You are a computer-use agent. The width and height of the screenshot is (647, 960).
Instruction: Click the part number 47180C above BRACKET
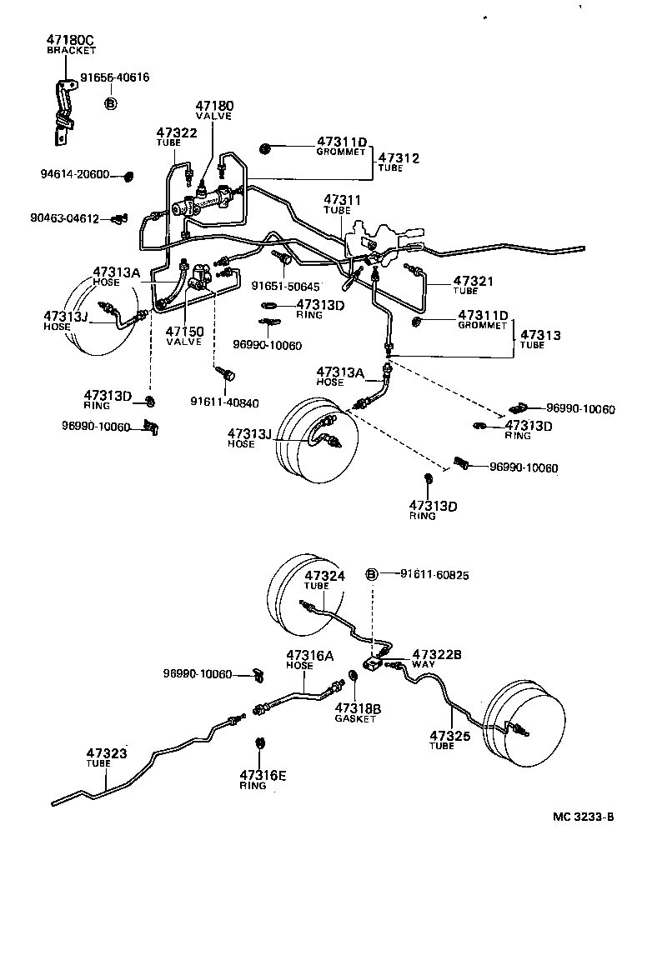pos(71,39)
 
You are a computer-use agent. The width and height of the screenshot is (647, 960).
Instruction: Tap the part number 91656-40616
pos(115,77)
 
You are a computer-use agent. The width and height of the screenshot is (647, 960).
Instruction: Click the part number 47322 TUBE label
pos(177,137)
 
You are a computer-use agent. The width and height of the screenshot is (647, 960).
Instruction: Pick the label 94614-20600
pos(74,174)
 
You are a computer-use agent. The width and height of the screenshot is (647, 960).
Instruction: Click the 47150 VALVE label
pos(183,336)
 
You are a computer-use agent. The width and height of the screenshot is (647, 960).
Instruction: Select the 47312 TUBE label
pos(399,162)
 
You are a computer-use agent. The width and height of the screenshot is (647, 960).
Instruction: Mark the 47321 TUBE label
pos(477,286)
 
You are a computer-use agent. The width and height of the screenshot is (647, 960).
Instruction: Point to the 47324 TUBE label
pos(324,580)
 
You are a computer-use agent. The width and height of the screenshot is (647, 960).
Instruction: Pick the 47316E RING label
pos(263,779)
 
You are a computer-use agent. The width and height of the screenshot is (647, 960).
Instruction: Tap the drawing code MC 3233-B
pos(583,816)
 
